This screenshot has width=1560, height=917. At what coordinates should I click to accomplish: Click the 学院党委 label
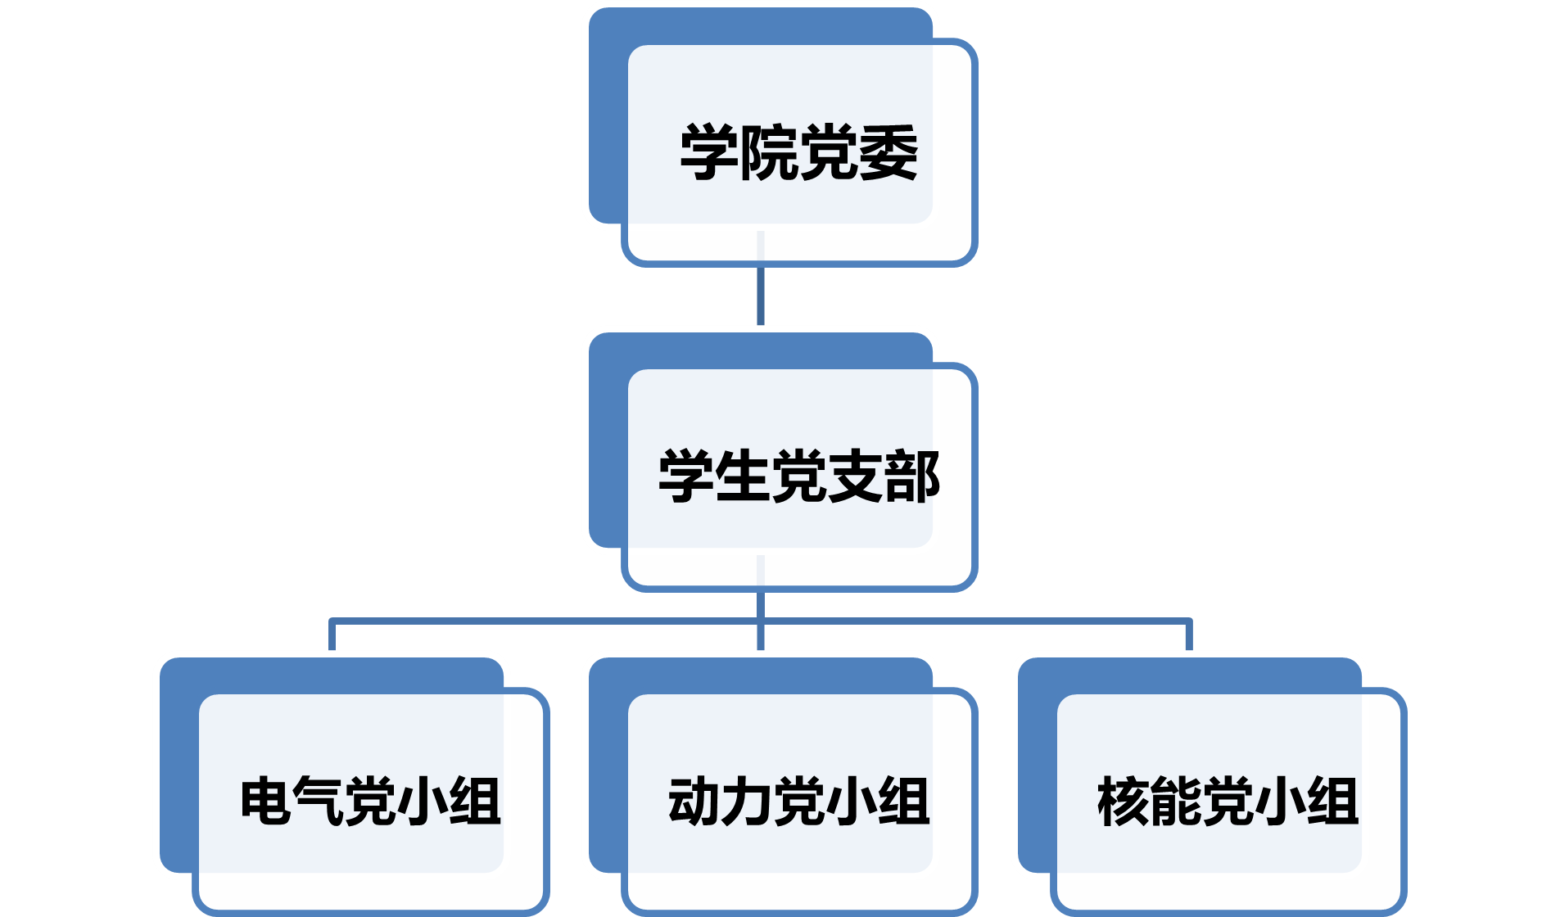coord(798,152)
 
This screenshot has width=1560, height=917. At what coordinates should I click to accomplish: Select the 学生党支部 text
coord(798,477)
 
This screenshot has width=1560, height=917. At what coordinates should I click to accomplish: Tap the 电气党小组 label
coord(370,801)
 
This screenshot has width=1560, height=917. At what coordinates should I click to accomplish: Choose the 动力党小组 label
coord(798,801)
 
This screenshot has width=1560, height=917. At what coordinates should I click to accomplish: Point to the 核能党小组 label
coord(1228,801)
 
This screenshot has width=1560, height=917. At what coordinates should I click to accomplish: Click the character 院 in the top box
coord(768,152)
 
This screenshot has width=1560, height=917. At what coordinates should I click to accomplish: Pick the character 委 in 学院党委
coord(889,152)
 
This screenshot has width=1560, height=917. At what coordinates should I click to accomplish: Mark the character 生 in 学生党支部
coord(742,477)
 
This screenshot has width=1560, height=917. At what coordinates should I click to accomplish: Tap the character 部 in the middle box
coord(911,477)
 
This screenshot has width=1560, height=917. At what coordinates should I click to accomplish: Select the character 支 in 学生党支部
coord(855,477)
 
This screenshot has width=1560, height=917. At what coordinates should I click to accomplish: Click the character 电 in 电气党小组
coord(265,801)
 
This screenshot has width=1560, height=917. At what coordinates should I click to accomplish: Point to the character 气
coord(318,801)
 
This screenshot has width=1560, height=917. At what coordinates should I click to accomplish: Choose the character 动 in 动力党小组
coord(694,801)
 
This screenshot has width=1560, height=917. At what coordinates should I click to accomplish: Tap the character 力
coord(746,801)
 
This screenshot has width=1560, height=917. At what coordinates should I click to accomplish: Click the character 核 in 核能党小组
coord(1124,801)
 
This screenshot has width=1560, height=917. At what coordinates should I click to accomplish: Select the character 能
coord(1175,801)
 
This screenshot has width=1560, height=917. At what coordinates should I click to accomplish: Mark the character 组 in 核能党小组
coord(1332,801)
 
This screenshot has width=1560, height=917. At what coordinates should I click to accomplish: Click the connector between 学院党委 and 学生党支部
coord(761,295)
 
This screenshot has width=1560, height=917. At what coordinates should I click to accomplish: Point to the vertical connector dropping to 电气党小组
coord(332,635)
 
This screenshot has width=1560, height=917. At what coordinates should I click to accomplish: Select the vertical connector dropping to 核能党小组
coord(1189,635)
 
